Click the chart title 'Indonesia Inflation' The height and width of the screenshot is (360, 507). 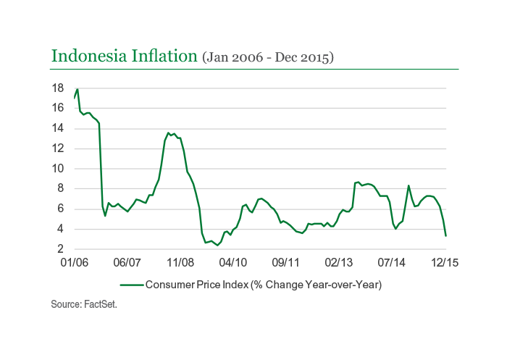[124, 56]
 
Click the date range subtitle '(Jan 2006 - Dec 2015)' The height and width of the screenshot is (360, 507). [267, 56]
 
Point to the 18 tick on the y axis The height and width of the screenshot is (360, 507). [58, 88]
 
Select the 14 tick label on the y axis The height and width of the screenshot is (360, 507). [58, 128]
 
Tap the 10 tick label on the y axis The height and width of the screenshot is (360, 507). [58, 169]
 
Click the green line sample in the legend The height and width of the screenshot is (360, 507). [132, 285]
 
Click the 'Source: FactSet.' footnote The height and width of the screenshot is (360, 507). [84, 305]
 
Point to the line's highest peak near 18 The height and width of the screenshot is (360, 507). [77, 89]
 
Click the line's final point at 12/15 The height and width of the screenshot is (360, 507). [445, 235]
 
